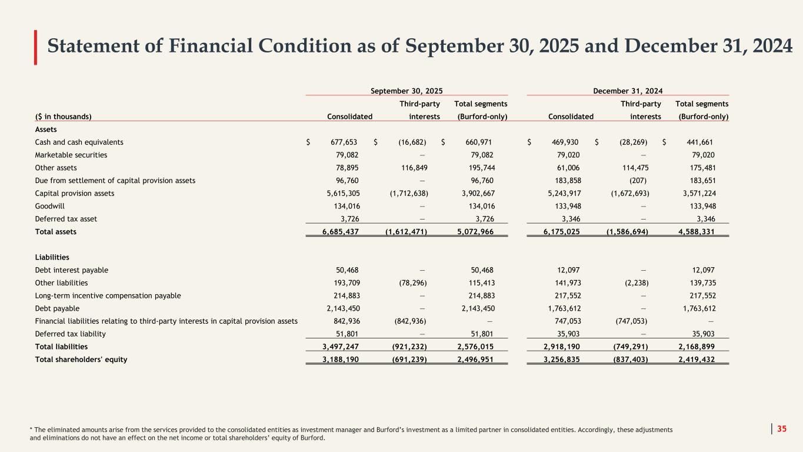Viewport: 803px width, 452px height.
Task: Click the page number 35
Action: tap(782, 429)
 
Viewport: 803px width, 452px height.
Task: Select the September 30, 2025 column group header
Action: tap(407, 91)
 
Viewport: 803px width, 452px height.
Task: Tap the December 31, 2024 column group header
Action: tap(628, 91)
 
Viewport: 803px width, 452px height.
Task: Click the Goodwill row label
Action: tap(49, 206)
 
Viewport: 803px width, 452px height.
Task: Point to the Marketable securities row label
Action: tap(71, 155)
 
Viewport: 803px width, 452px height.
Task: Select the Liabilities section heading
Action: tap(52, 257)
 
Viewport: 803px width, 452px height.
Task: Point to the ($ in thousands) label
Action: tap(64, 117)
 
